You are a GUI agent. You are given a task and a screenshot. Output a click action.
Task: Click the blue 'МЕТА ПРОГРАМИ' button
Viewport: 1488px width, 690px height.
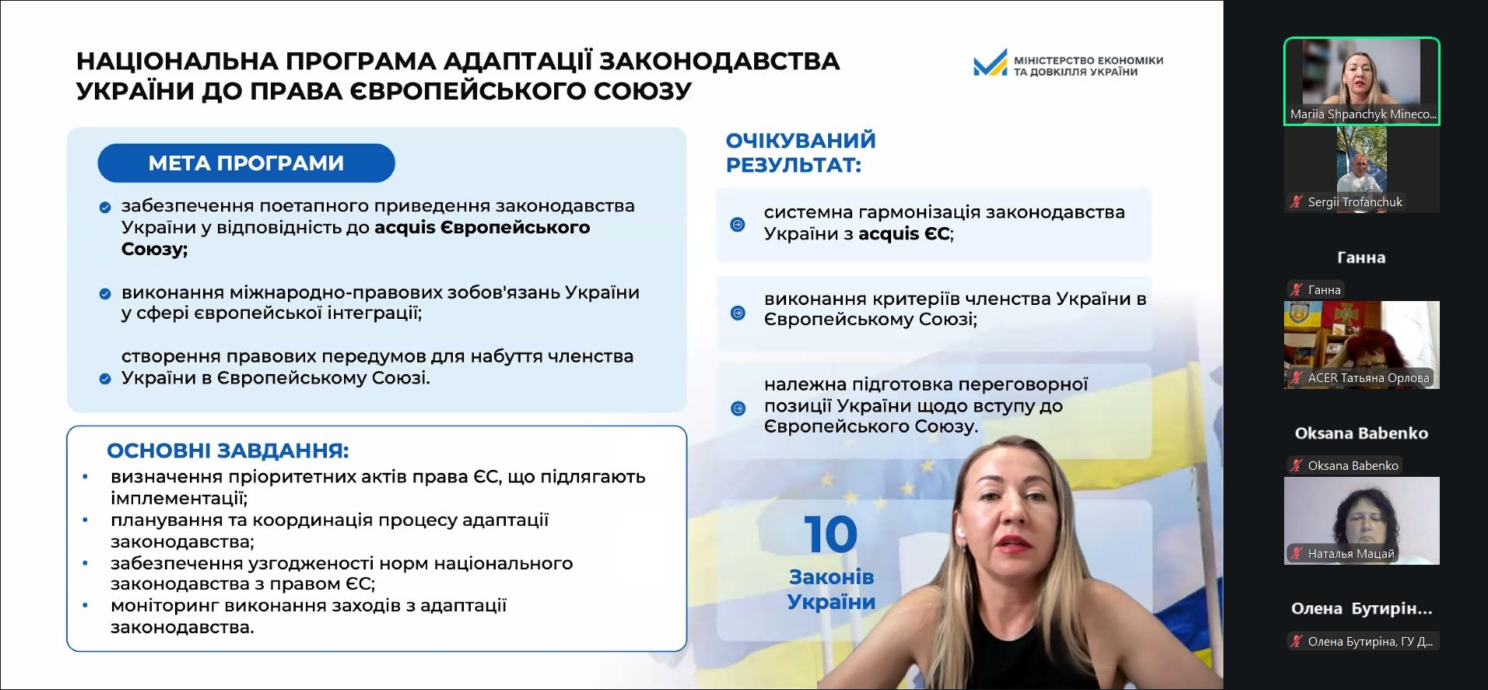coord(246,163)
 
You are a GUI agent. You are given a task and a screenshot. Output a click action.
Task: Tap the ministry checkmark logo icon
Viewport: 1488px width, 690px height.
coord(990,63)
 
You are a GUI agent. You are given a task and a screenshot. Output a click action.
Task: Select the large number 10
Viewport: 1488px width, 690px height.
coord(831,534)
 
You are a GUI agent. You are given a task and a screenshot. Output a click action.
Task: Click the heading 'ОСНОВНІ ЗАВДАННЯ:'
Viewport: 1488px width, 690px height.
coord(228,451)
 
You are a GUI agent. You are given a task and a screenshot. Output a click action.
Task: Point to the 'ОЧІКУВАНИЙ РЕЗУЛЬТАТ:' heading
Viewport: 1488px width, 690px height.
coord(801,152)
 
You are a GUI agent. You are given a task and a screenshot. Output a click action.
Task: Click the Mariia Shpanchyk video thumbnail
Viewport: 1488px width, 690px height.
coord(1361,81)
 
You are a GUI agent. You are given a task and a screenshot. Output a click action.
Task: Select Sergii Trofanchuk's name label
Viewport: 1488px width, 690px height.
coord(1355,202)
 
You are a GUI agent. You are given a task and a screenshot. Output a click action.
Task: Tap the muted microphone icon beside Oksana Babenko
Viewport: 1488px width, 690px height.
coord(1297,466)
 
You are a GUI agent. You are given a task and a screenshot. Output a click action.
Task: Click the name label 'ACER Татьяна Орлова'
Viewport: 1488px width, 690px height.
coord(1368,378)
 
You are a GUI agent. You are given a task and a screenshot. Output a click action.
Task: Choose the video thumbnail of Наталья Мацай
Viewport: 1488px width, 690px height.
coord(1361,520)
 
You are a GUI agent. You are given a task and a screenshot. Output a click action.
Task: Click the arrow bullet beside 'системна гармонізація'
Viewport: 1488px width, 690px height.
coord(738,225)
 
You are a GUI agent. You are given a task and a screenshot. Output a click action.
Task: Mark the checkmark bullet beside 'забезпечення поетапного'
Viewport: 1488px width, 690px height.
coord(104,208)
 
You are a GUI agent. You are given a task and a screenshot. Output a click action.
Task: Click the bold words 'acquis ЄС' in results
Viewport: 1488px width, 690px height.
coord(904,233)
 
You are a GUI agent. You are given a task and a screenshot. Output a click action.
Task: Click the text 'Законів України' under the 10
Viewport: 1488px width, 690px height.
coord(831,589)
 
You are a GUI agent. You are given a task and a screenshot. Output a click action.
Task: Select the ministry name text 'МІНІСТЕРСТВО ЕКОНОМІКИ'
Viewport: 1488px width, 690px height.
coord(1088,60)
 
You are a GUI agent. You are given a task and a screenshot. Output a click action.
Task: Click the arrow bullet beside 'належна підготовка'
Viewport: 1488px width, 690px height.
coord(738,408)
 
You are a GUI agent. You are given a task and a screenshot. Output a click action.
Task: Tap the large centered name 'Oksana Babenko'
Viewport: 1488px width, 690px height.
coord(1361,433)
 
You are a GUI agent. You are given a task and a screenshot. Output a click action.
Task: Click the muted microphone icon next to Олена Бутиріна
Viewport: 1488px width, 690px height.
coord(1297,642)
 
